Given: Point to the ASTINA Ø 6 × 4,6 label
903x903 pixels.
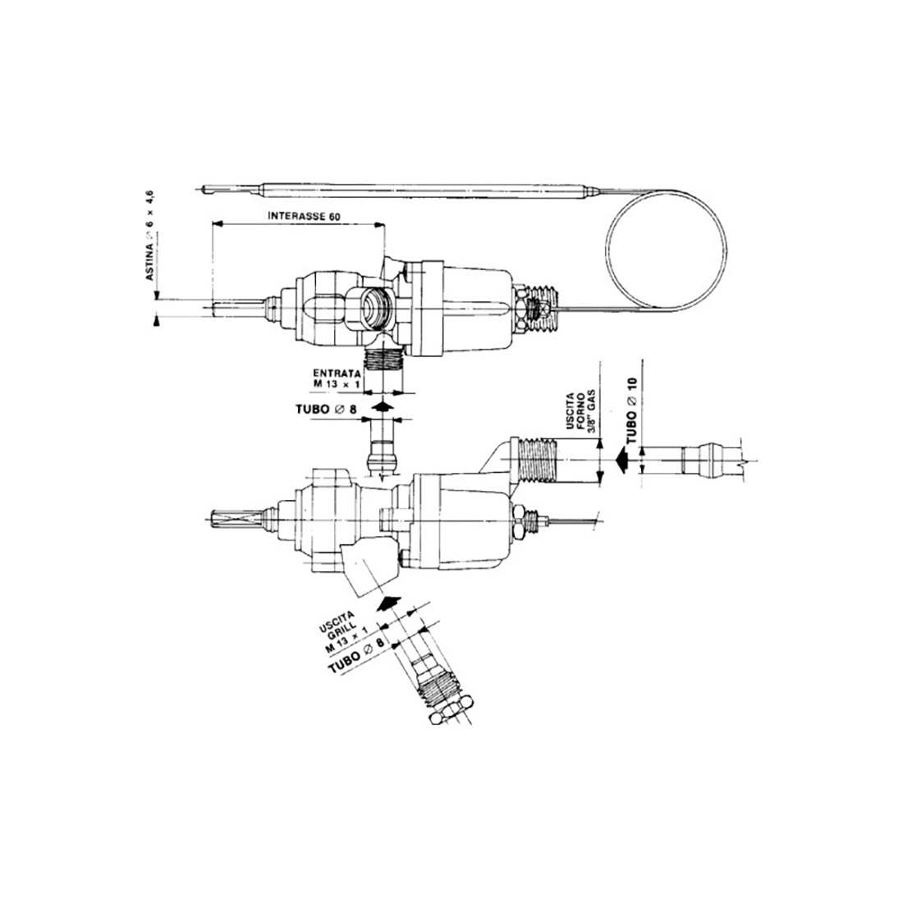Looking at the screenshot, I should point(151,238).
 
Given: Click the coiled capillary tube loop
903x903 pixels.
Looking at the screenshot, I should point(666,245).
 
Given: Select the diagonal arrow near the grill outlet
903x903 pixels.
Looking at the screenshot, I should point(392,605).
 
